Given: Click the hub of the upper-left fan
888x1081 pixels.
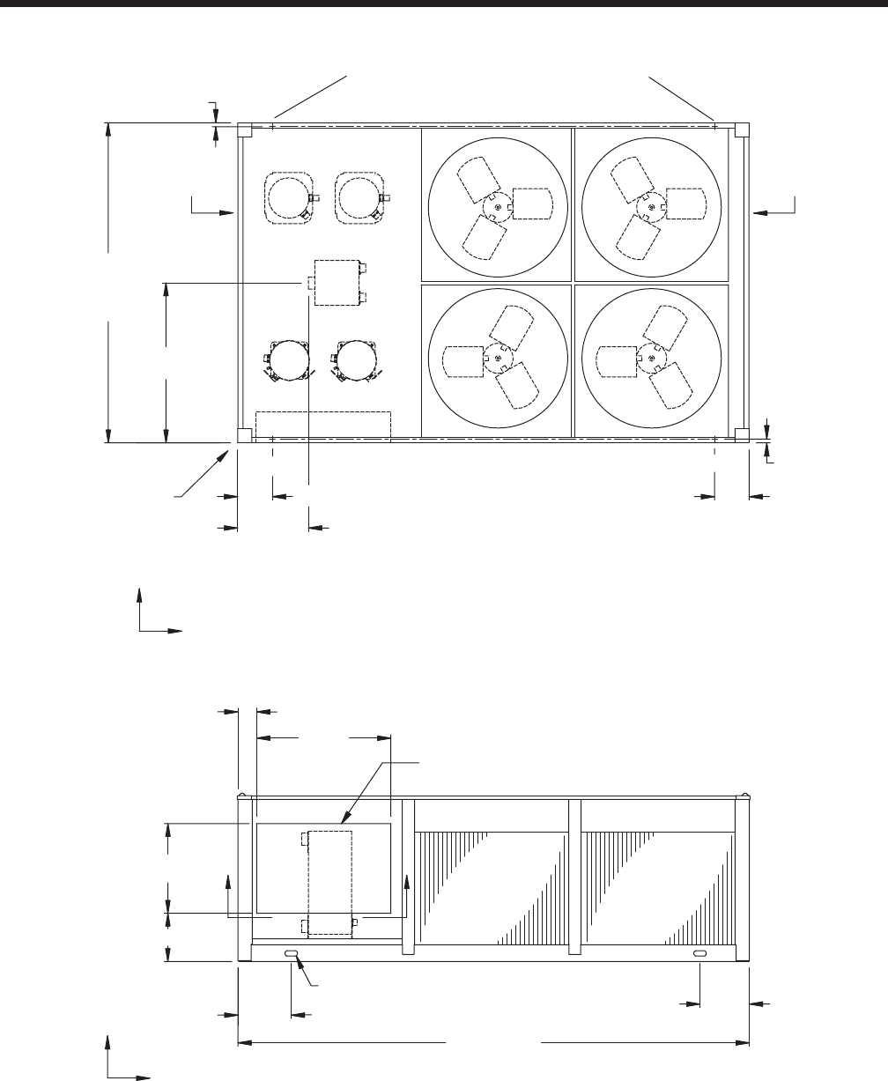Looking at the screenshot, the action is point(498,205).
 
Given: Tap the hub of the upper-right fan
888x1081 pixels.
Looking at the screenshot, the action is point(651,205).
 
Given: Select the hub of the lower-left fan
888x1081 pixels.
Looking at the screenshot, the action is point(498,359).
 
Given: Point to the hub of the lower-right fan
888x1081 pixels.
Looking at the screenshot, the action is point(651,359).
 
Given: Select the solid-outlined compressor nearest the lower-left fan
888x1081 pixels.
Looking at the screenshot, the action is point(357,360).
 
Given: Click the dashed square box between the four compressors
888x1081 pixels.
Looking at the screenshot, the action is point(337,282).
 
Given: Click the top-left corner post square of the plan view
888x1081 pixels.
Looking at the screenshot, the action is point(245,130).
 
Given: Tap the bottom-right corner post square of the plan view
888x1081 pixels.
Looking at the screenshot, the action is point(742,434).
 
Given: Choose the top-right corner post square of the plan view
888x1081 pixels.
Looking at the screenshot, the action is point(742,130).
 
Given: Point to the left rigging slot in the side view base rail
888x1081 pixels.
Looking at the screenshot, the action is point(291,954).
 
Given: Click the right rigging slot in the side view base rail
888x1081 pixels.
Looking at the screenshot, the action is point(699,954).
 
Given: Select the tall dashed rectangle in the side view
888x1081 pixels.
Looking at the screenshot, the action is point(329,883).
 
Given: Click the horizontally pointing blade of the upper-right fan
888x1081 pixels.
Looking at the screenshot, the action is point(685,203).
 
